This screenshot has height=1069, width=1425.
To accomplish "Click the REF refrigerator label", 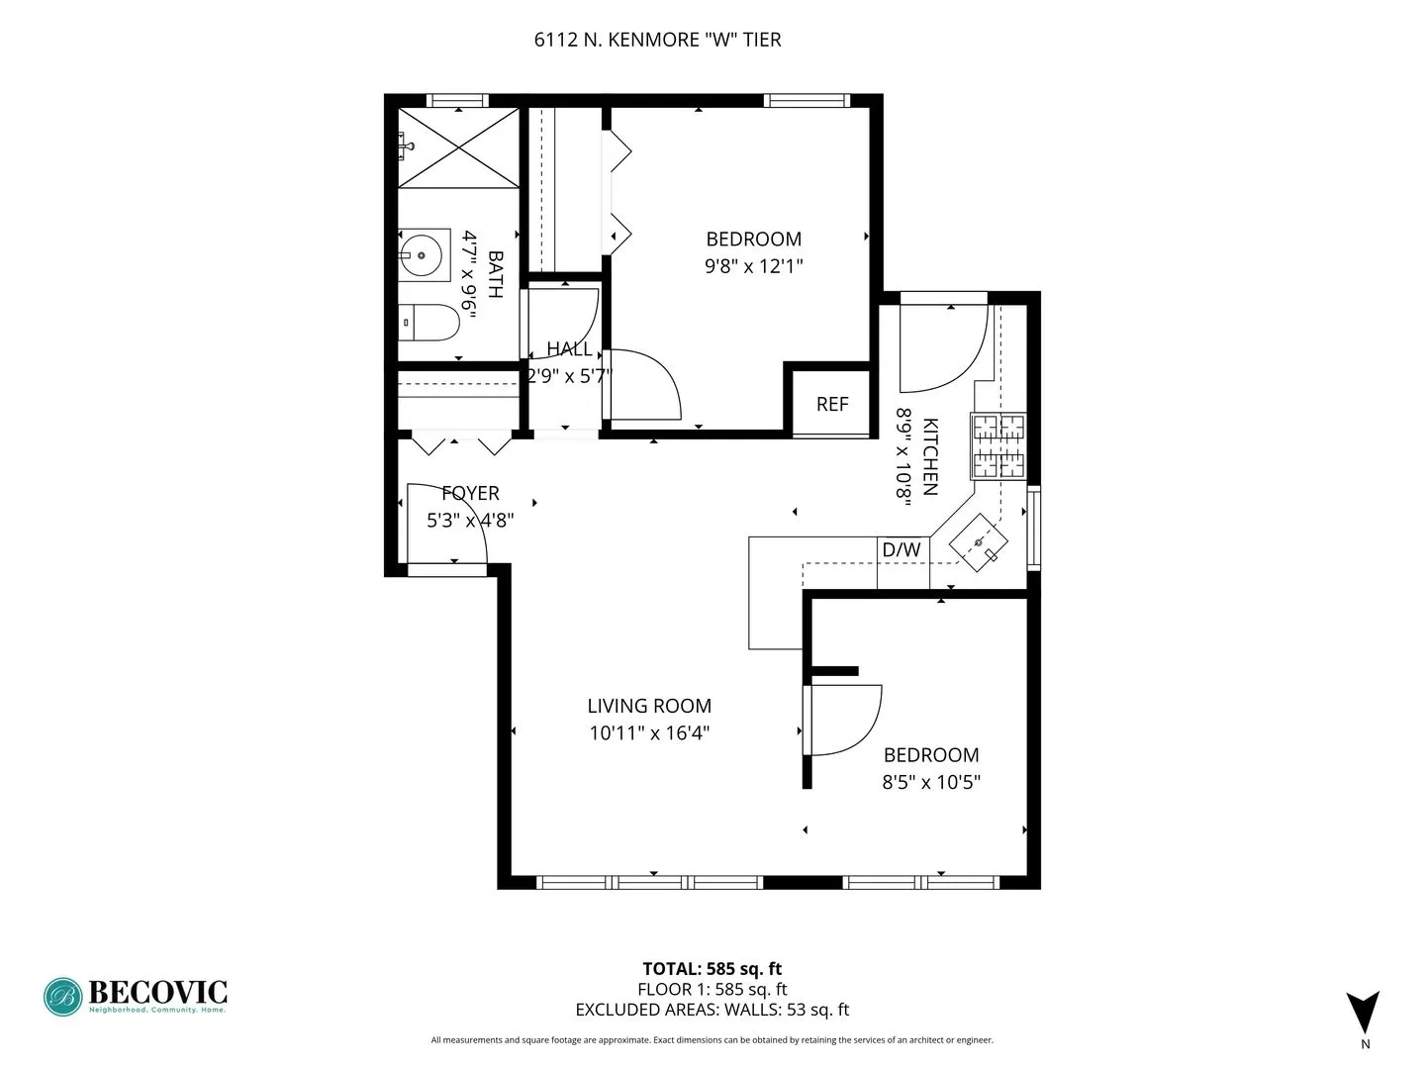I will click(x=832, y=404).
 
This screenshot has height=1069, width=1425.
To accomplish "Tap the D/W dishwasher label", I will click(x=901, y=550).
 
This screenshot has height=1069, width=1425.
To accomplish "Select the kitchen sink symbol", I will click(x=979, y=542).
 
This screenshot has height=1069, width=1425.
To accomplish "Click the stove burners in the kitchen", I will click(x=998, y=446).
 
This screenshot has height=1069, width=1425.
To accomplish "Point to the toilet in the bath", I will click(x=431, y=323).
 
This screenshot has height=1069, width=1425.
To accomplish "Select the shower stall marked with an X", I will click(x=458, y=147).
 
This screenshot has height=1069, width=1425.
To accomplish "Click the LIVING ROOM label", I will click(x=649, y=706).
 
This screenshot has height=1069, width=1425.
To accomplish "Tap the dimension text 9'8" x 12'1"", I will click(x=753, y=266).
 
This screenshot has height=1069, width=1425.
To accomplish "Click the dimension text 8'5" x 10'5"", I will click(x=931, y=782).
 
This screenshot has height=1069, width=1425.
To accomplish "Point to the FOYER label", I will click(x=470, y=493).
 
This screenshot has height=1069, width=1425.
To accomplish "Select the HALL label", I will click(x=569, y=348).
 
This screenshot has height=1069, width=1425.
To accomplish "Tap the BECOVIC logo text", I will click(x=157, y=992).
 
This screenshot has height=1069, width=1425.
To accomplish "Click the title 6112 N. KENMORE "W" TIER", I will click(x=657, y=40).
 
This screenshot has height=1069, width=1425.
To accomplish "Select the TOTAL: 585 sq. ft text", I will click(x=712, y=969).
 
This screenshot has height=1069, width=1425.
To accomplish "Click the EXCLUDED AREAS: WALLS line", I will click(x=712, y=1010).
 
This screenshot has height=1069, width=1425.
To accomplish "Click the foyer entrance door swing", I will click(x=445, y=525).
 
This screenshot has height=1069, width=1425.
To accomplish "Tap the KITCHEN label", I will click(x=930, y=456).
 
